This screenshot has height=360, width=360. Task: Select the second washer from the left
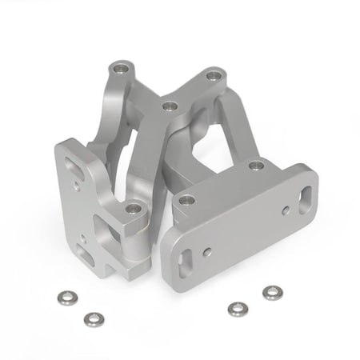(94, 319)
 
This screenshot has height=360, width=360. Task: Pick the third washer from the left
(237, 309)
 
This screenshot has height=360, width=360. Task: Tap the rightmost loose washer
(272, 293)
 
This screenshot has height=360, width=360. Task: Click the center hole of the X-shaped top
(169, 105)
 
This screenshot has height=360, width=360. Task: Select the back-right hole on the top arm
(213, 77)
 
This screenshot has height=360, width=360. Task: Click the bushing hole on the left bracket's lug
(133, 209)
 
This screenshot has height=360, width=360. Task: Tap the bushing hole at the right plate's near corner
(187, 200)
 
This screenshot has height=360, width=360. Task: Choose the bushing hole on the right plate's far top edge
(256, 166)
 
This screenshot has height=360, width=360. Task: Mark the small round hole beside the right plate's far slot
(285, 210)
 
